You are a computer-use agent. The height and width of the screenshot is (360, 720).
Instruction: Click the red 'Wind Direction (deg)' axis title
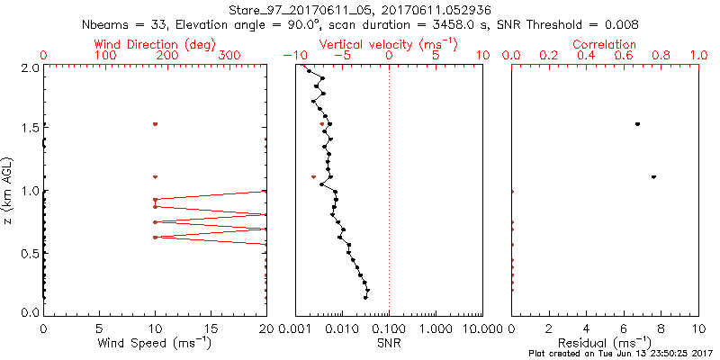pyautogui.click(x=155, y=44)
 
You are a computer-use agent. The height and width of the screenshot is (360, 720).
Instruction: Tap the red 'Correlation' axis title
pyautogui.click(x=605, y=44)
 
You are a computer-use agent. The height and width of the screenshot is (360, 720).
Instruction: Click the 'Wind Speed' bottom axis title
pyautogui.click(x=155, y=343)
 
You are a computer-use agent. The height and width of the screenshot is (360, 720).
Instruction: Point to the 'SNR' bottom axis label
pyautogui.click(x=389, y=343)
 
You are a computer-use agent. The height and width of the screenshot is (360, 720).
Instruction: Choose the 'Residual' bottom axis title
pyautogui.click(x=605, y=343)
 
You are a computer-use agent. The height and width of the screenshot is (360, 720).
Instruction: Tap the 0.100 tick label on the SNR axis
pyautogui.click(x=389, y=328)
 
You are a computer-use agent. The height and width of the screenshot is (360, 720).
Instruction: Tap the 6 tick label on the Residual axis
pyautogui.click(x=624, y=328)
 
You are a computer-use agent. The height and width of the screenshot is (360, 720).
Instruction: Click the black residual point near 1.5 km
pyautogui.click(x=637, y=124)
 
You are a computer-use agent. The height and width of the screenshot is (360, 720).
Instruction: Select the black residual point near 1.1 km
pyautogui.click(x=653, y=176)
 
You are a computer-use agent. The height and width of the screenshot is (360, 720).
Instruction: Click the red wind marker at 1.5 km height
pyautogui.click(x=155, y=124)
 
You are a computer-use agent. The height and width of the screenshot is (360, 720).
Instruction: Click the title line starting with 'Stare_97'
pyautogui.click(x=360, y=9)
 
